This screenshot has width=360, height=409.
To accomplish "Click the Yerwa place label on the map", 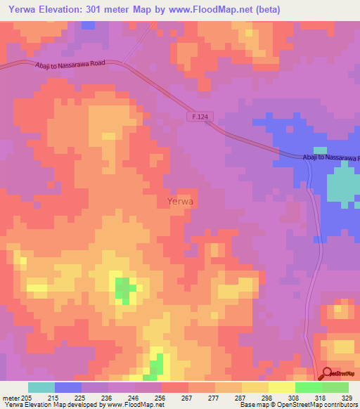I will (181, 201).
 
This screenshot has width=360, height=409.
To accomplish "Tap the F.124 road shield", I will (200, 117).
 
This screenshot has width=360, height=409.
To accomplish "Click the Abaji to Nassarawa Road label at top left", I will (70, 63).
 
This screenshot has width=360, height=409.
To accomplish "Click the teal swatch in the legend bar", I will (41, 387).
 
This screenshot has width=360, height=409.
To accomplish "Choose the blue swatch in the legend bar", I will (68, 387).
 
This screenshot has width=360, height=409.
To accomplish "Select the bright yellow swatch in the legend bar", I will (281, 387).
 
